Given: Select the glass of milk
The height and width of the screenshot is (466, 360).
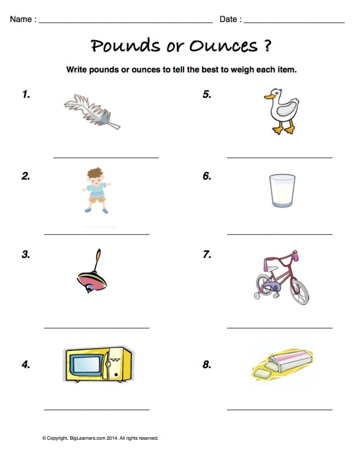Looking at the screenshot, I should pos(282,190).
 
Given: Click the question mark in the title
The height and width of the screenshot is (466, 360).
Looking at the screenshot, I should pos(266,46).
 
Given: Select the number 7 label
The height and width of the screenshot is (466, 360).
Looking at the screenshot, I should pos(207,254).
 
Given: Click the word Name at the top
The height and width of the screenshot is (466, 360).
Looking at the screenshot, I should pos(21,20).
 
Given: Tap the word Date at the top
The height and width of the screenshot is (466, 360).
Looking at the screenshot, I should pos(228,20).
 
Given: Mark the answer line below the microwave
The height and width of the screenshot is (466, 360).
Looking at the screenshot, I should pos(97,409).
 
